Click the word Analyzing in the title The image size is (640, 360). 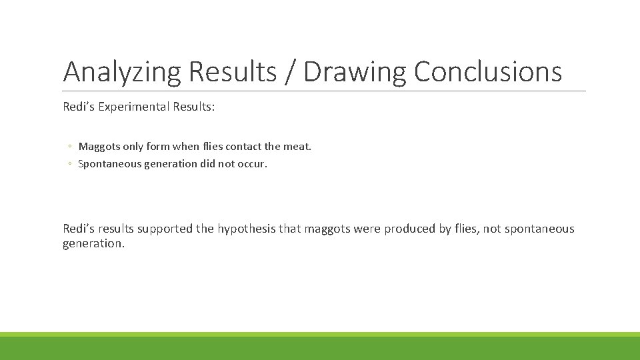[122, 72]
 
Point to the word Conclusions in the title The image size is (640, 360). [488, 72]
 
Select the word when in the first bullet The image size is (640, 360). [185, 146]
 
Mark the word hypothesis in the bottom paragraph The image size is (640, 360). [245, 229]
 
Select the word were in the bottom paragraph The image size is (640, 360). [367, 229]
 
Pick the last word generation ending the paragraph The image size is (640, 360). [93, 244]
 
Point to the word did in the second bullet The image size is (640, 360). [208, 163]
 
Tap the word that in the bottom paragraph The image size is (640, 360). [290, 229]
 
